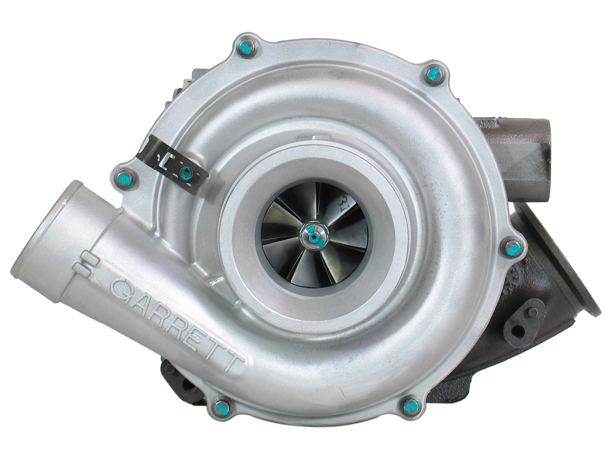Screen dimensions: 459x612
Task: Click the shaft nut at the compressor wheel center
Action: (x=313, y=234)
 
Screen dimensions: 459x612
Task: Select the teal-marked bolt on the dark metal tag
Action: (x=185, y=171)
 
